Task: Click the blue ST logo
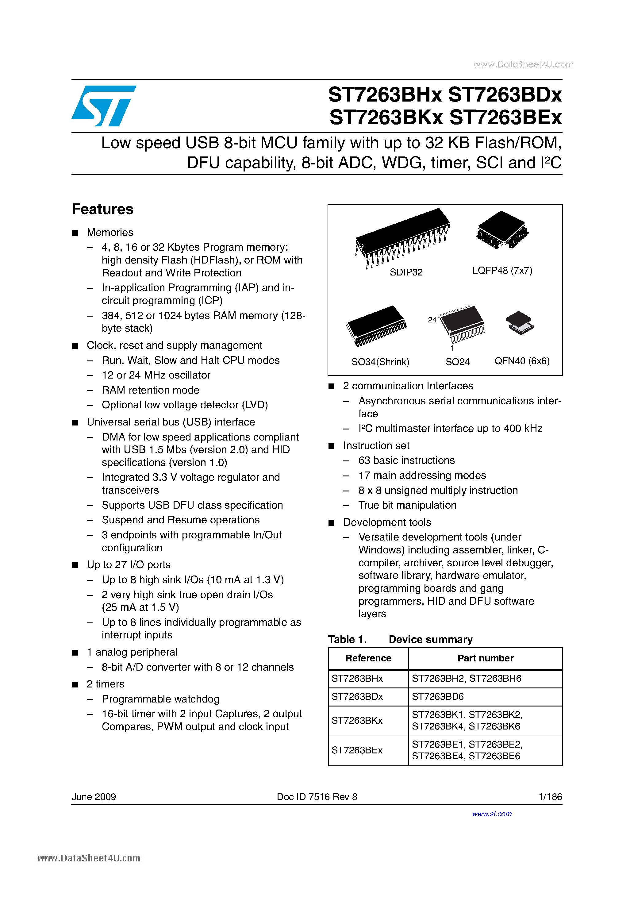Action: pyautogui.click(x=103, y=106)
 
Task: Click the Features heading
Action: pyautogui.click(x=103, y=210)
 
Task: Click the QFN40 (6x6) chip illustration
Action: pyautogui.click(x=520, y=323)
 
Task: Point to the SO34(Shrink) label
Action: pyautogui.click(x=380, y=362)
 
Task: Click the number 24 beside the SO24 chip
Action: pyautogui.click(x=432, y=320)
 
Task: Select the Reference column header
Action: pyautogui.click(x=368, y=658)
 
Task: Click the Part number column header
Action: pyautogui.click(x=485, y=658)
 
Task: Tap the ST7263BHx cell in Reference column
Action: pyautogui.click(x=357, y=679)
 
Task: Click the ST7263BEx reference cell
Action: pyautogui.click(x=357, y=750)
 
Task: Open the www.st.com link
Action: pyautogui.click(x=491, y=814)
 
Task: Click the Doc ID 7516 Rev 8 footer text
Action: pyautogui.click(x=317, y=797)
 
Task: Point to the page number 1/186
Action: pyautogui.click(x=550, y=797)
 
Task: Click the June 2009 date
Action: pyautogui.click(x=94, y=797)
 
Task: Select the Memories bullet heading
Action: pyautogui.click(x=110, y=233)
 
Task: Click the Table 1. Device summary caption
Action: pyautogui.click(x=400, y=640)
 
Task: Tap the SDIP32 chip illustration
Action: pyautogui.click(x=402, y=236)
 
